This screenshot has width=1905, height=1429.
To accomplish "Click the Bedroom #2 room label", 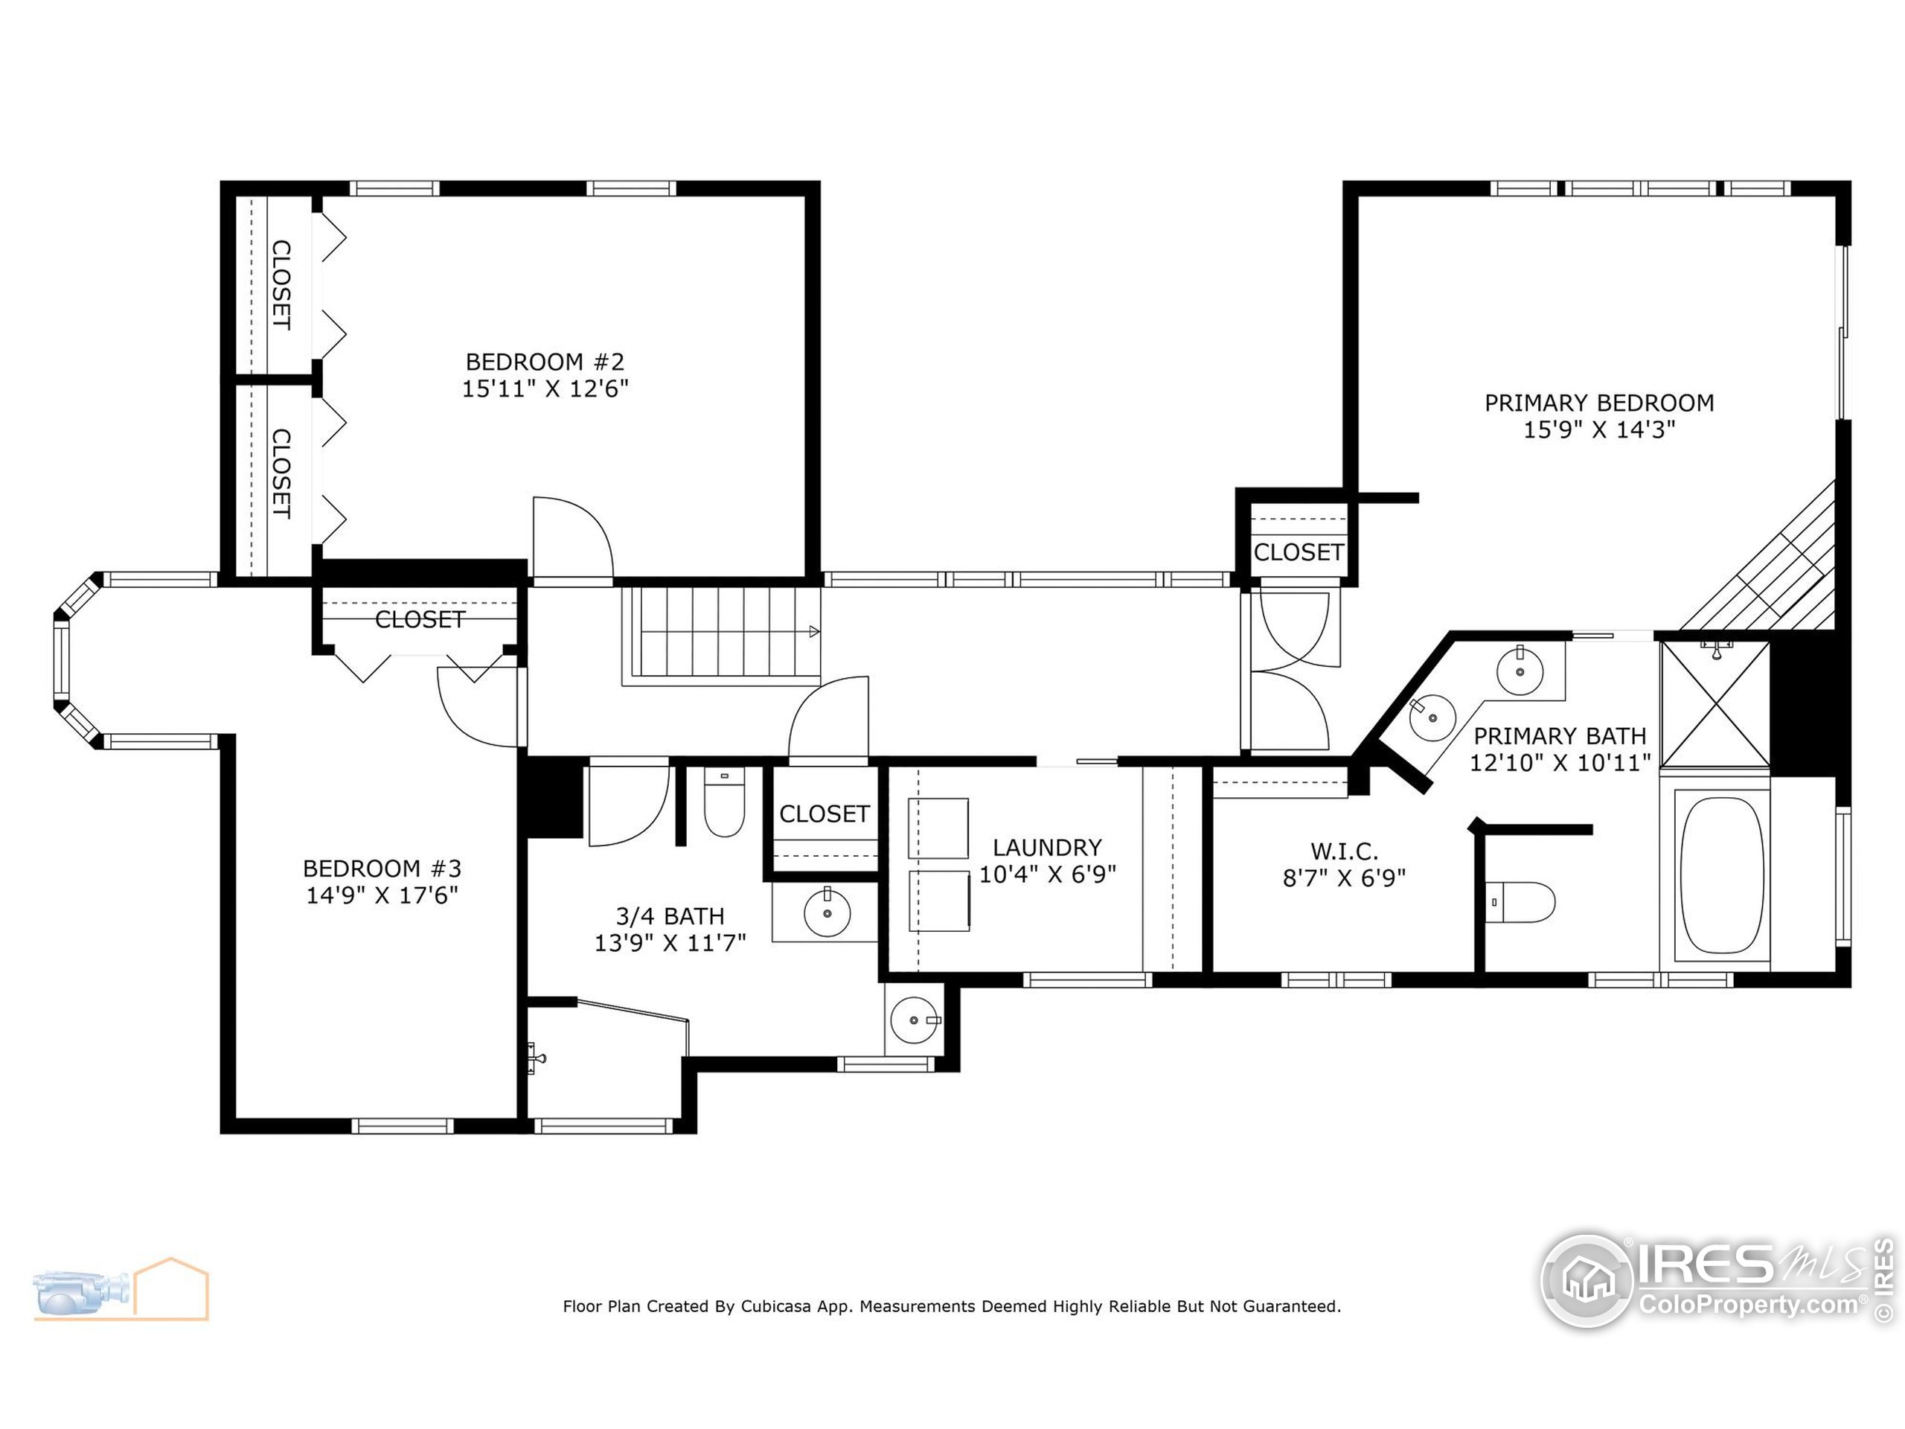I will coord(544,362).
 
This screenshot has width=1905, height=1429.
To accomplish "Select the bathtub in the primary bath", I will coord(1721,875).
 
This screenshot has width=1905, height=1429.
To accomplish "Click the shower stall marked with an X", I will coord(1714,705).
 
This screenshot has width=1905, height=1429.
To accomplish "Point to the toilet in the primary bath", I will coord(1521,902).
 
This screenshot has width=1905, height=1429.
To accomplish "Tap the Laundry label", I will coord(1047,848).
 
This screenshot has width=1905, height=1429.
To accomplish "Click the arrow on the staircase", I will coord(814,631).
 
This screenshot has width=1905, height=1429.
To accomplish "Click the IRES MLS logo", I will coord(1714,1281).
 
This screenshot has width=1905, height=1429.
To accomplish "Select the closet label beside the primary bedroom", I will coord(1298,552).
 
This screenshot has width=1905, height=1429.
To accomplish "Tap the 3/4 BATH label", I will coord(670,915).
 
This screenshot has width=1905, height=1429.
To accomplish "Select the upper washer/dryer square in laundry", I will coord(938,828).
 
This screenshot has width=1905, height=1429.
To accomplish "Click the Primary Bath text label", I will coord(1560,737).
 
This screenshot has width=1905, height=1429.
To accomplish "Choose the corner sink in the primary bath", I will coord(1433,717).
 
